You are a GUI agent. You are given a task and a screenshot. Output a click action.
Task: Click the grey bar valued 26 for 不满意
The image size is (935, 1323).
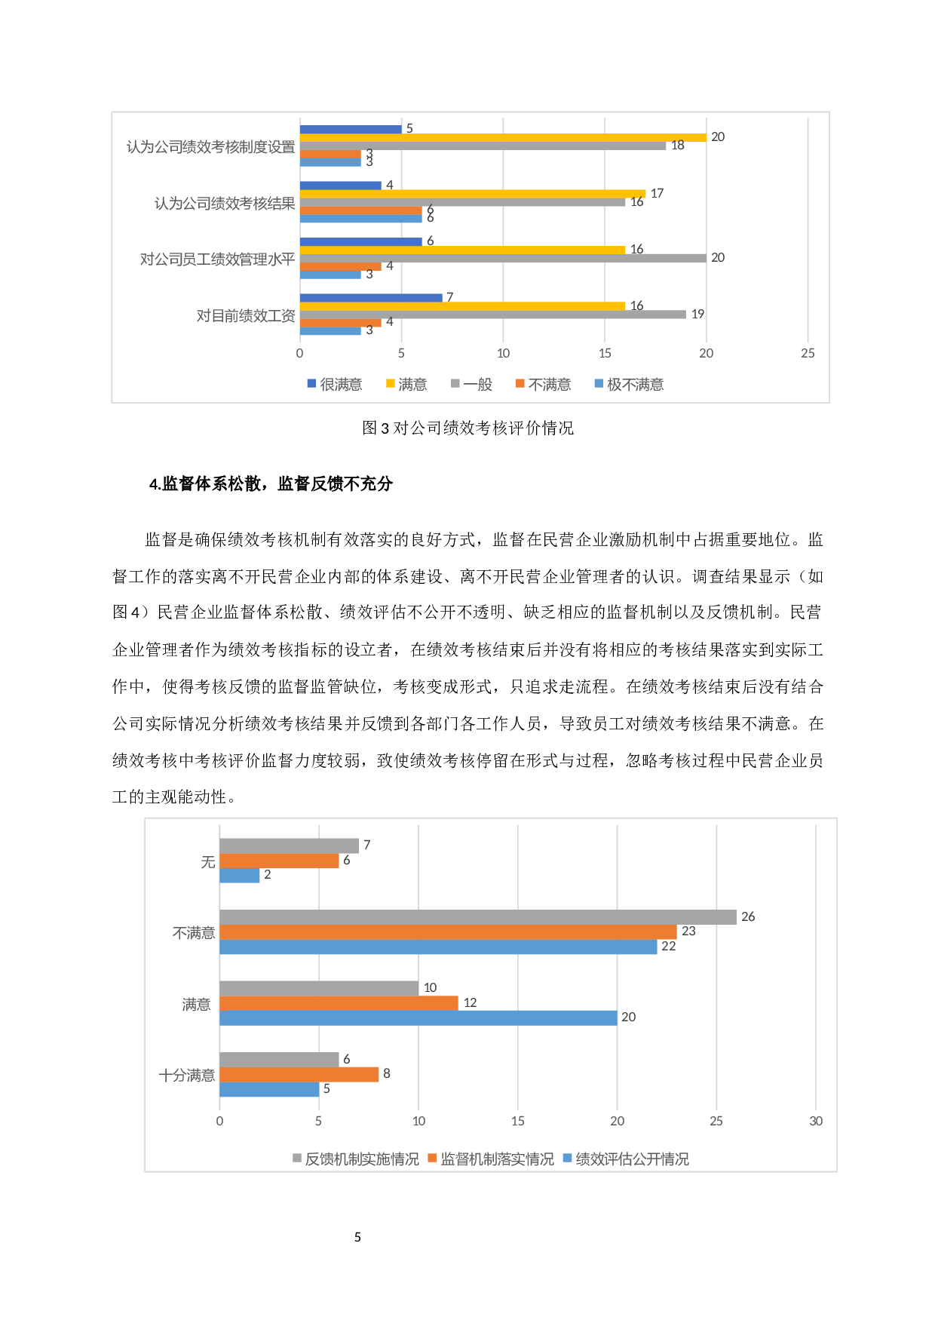(x=477, y=917)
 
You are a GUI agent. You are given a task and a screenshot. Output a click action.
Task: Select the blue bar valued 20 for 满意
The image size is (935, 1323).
(x=418, y=1018)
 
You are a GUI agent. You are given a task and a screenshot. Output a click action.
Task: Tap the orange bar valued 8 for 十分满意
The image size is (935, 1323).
(x=299, y=1075)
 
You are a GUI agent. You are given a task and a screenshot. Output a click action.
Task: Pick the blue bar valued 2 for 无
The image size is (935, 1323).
(x=239, y=876)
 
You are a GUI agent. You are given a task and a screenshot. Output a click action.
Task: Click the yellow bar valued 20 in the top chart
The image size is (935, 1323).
(x=502, y=137)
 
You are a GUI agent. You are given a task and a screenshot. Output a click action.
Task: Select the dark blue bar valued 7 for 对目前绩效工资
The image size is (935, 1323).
(x=370, y=298)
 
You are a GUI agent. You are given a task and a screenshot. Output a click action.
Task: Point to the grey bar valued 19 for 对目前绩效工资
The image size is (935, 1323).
(x=492, y=315)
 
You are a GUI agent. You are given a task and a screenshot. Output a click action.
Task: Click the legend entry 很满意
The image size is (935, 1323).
(x=335, y=385)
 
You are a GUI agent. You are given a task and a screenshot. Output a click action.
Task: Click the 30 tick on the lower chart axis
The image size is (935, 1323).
(x=816, y=1122)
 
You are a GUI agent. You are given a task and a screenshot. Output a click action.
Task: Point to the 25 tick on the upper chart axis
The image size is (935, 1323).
(x=808, y=354)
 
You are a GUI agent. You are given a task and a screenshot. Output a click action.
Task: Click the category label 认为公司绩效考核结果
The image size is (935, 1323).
(x=225, y=204)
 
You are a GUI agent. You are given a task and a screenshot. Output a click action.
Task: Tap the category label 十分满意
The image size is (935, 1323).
(x=187, y=1076)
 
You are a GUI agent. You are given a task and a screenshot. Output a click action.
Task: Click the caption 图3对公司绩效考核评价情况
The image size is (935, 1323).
(x=467, y=428)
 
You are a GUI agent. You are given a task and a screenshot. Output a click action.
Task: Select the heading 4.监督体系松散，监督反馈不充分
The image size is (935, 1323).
(x=271, y=484)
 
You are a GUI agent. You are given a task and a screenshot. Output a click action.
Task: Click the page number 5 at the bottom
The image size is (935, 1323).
(x=357, y=1237)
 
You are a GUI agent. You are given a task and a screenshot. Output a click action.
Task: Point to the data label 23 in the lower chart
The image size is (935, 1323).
(x=688, y=932)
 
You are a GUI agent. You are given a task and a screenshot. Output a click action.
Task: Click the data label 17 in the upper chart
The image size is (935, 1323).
(x=657, y=194)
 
